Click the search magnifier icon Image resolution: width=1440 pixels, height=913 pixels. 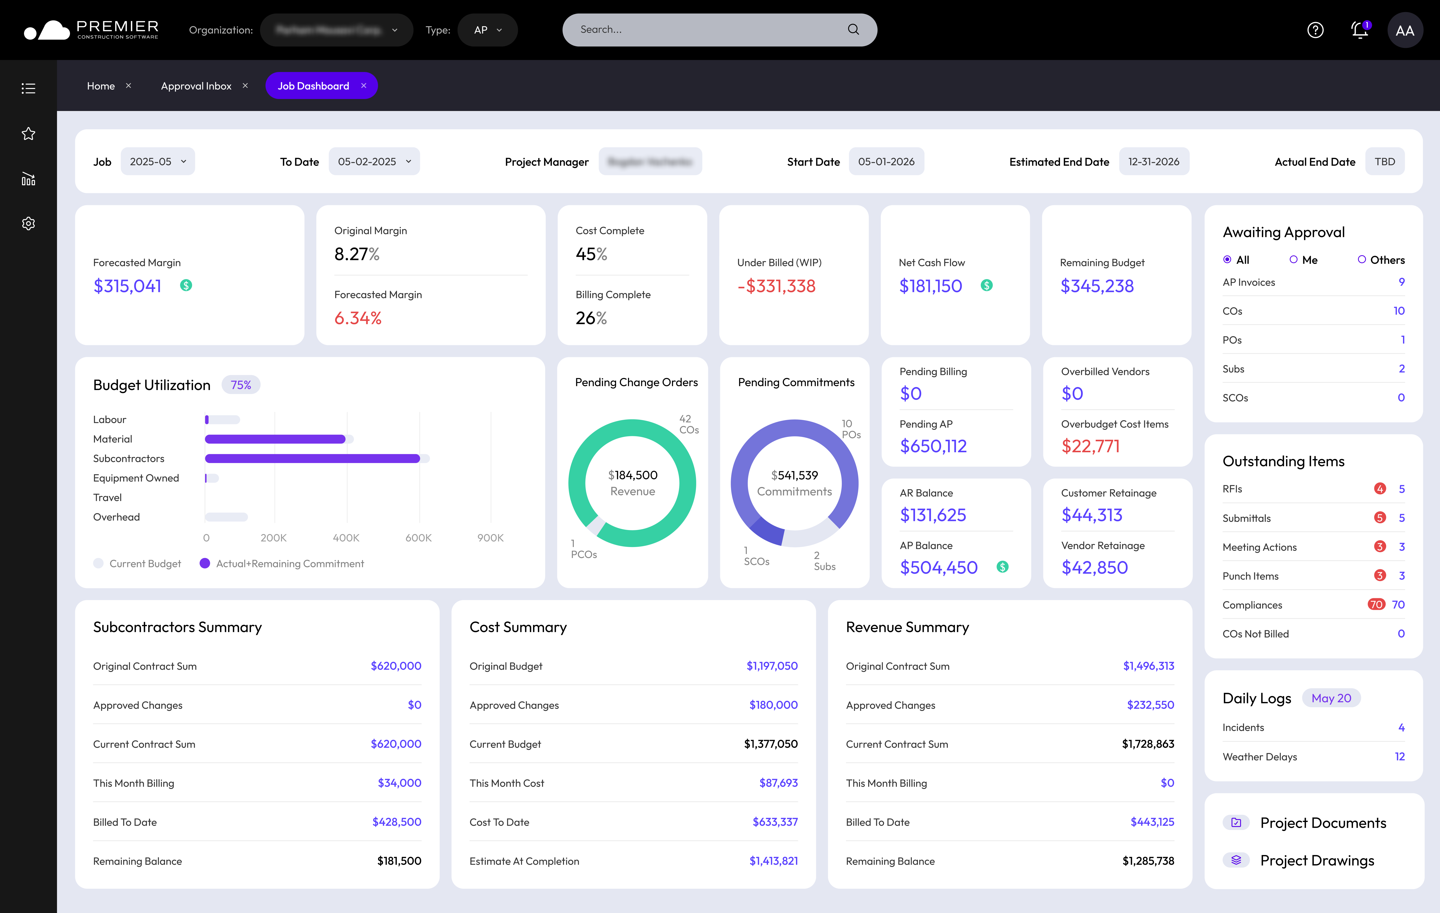coord(853,29)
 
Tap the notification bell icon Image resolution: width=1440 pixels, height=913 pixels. coord(1359,30)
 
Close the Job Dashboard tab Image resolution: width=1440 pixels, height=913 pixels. coord(363,85)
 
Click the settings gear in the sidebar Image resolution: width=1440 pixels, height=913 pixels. coord(28,223)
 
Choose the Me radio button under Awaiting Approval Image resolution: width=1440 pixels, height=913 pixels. coord(1293,259)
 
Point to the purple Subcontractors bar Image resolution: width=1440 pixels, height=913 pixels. coord(312,458)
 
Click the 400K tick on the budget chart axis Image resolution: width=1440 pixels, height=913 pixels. coord(346,537)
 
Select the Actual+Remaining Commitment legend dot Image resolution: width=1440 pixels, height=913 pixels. coord(204,563)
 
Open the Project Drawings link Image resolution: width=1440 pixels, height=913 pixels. coord(1317,860)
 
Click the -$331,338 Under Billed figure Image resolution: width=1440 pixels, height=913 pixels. coord(776,286)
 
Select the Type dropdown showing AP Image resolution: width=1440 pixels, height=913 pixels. coord(487,30)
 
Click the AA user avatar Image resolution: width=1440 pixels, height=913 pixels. coord(1405,30)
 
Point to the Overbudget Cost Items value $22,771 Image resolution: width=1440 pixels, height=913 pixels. coord(1090,446)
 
